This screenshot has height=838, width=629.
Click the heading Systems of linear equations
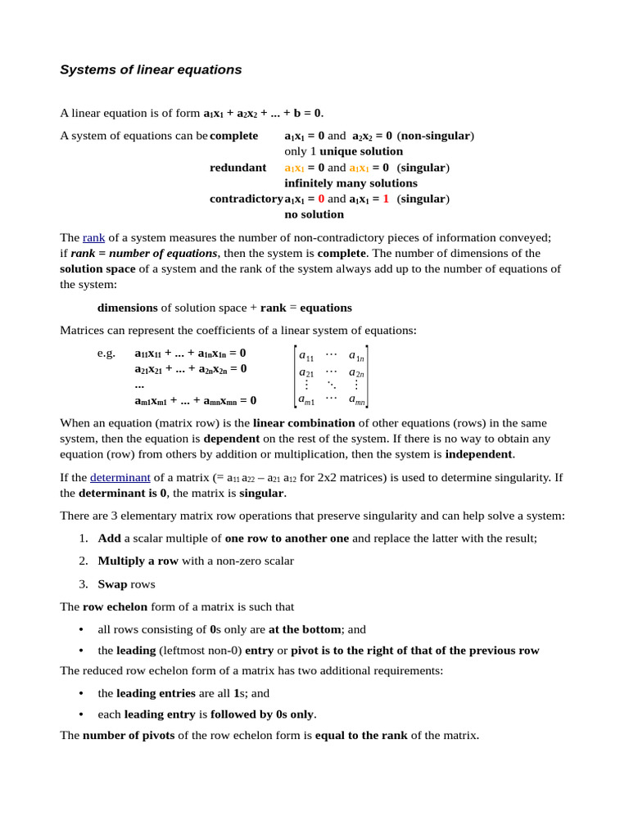pyautogui.click(x=151, y=70)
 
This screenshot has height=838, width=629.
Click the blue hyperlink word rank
pyautogui.click(x=93, y=237)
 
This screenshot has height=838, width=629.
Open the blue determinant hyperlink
pyautogui.click(x=120, y=477)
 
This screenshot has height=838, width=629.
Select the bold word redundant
pyautogui.click(x=238, y=168)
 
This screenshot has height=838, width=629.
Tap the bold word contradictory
pyautogui.click(x=246, y=199)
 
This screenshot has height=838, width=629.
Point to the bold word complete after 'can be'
pyautogui.click(x=233, y=136)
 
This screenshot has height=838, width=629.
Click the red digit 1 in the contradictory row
pyautogui.click(x=386, y=199)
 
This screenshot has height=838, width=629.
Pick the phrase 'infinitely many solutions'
pyautogui.click(x=351, y=183)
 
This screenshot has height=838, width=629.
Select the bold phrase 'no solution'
pyautogui.click(x=314, y=214)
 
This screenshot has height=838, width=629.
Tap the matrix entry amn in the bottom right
pyautogui.click(x=356, y=399)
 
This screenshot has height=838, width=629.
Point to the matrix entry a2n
pyautogui.click(x=356, y=372)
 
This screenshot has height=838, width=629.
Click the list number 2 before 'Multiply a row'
pyautogui.click(x=84, y=561)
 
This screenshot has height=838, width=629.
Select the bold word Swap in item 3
pyautogui.click(x=113, y=584)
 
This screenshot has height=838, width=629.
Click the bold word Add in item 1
pyautogui.click(x=109, y=538)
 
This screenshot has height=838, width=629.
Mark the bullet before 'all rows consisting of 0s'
pyautogui.click(x=81, y=629)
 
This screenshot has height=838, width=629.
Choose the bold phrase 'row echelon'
pyautogui.click(x=115, y=607)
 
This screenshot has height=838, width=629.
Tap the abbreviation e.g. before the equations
pyautogui.click(x=106, y=354)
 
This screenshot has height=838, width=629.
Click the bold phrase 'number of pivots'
pyautogui.click(x=129, y=735)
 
